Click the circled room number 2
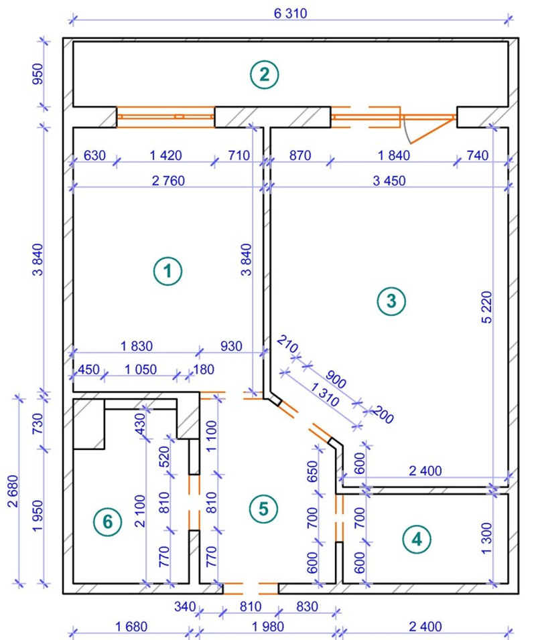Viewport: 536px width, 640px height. click(x=265, y=75)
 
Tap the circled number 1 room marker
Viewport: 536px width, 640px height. click(x=168, y=271)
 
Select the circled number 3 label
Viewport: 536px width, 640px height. click(x=391, y=301)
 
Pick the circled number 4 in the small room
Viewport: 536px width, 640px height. click(x=416, y=540)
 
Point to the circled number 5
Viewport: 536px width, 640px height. click(x=263, y=509)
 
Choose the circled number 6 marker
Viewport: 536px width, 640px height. click(x=108, y=522)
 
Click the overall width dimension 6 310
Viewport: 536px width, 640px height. click(x=291, y=13)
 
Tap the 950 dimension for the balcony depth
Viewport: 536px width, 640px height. click(x=38, y=74)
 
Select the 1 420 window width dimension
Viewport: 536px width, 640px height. click(x=165, y=155)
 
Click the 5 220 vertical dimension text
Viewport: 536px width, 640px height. click(x=487, y=307)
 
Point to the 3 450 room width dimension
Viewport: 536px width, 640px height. click(x=389, y=181)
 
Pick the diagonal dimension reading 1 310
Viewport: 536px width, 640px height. click(x=325, y=394)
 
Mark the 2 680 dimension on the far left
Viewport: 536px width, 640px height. click(x=13, y=491)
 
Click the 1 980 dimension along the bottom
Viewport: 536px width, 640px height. click(x=267, y=627)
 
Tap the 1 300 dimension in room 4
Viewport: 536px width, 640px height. click(x=487, y=538)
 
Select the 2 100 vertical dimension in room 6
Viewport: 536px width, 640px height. click(x=140, y=511)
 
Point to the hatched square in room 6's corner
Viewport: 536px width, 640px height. click(x=88, y=424)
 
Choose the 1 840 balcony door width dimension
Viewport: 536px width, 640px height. click(x=393, y=155)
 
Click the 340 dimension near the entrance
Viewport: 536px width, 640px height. click(x=185, y=607)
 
